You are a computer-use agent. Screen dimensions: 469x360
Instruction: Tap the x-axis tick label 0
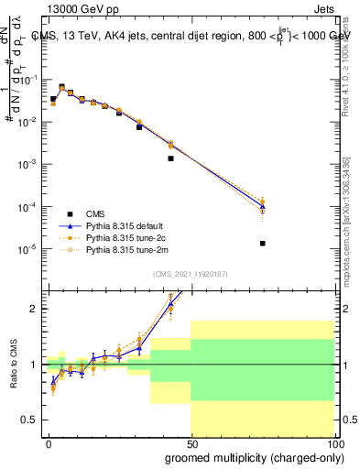pos(49,442)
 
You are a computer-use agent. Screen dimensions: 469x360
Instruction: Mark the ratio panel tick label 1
pos(35,365)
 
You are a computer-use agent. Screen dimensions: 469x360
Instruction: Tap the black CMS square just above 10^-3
pos(170,158)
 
